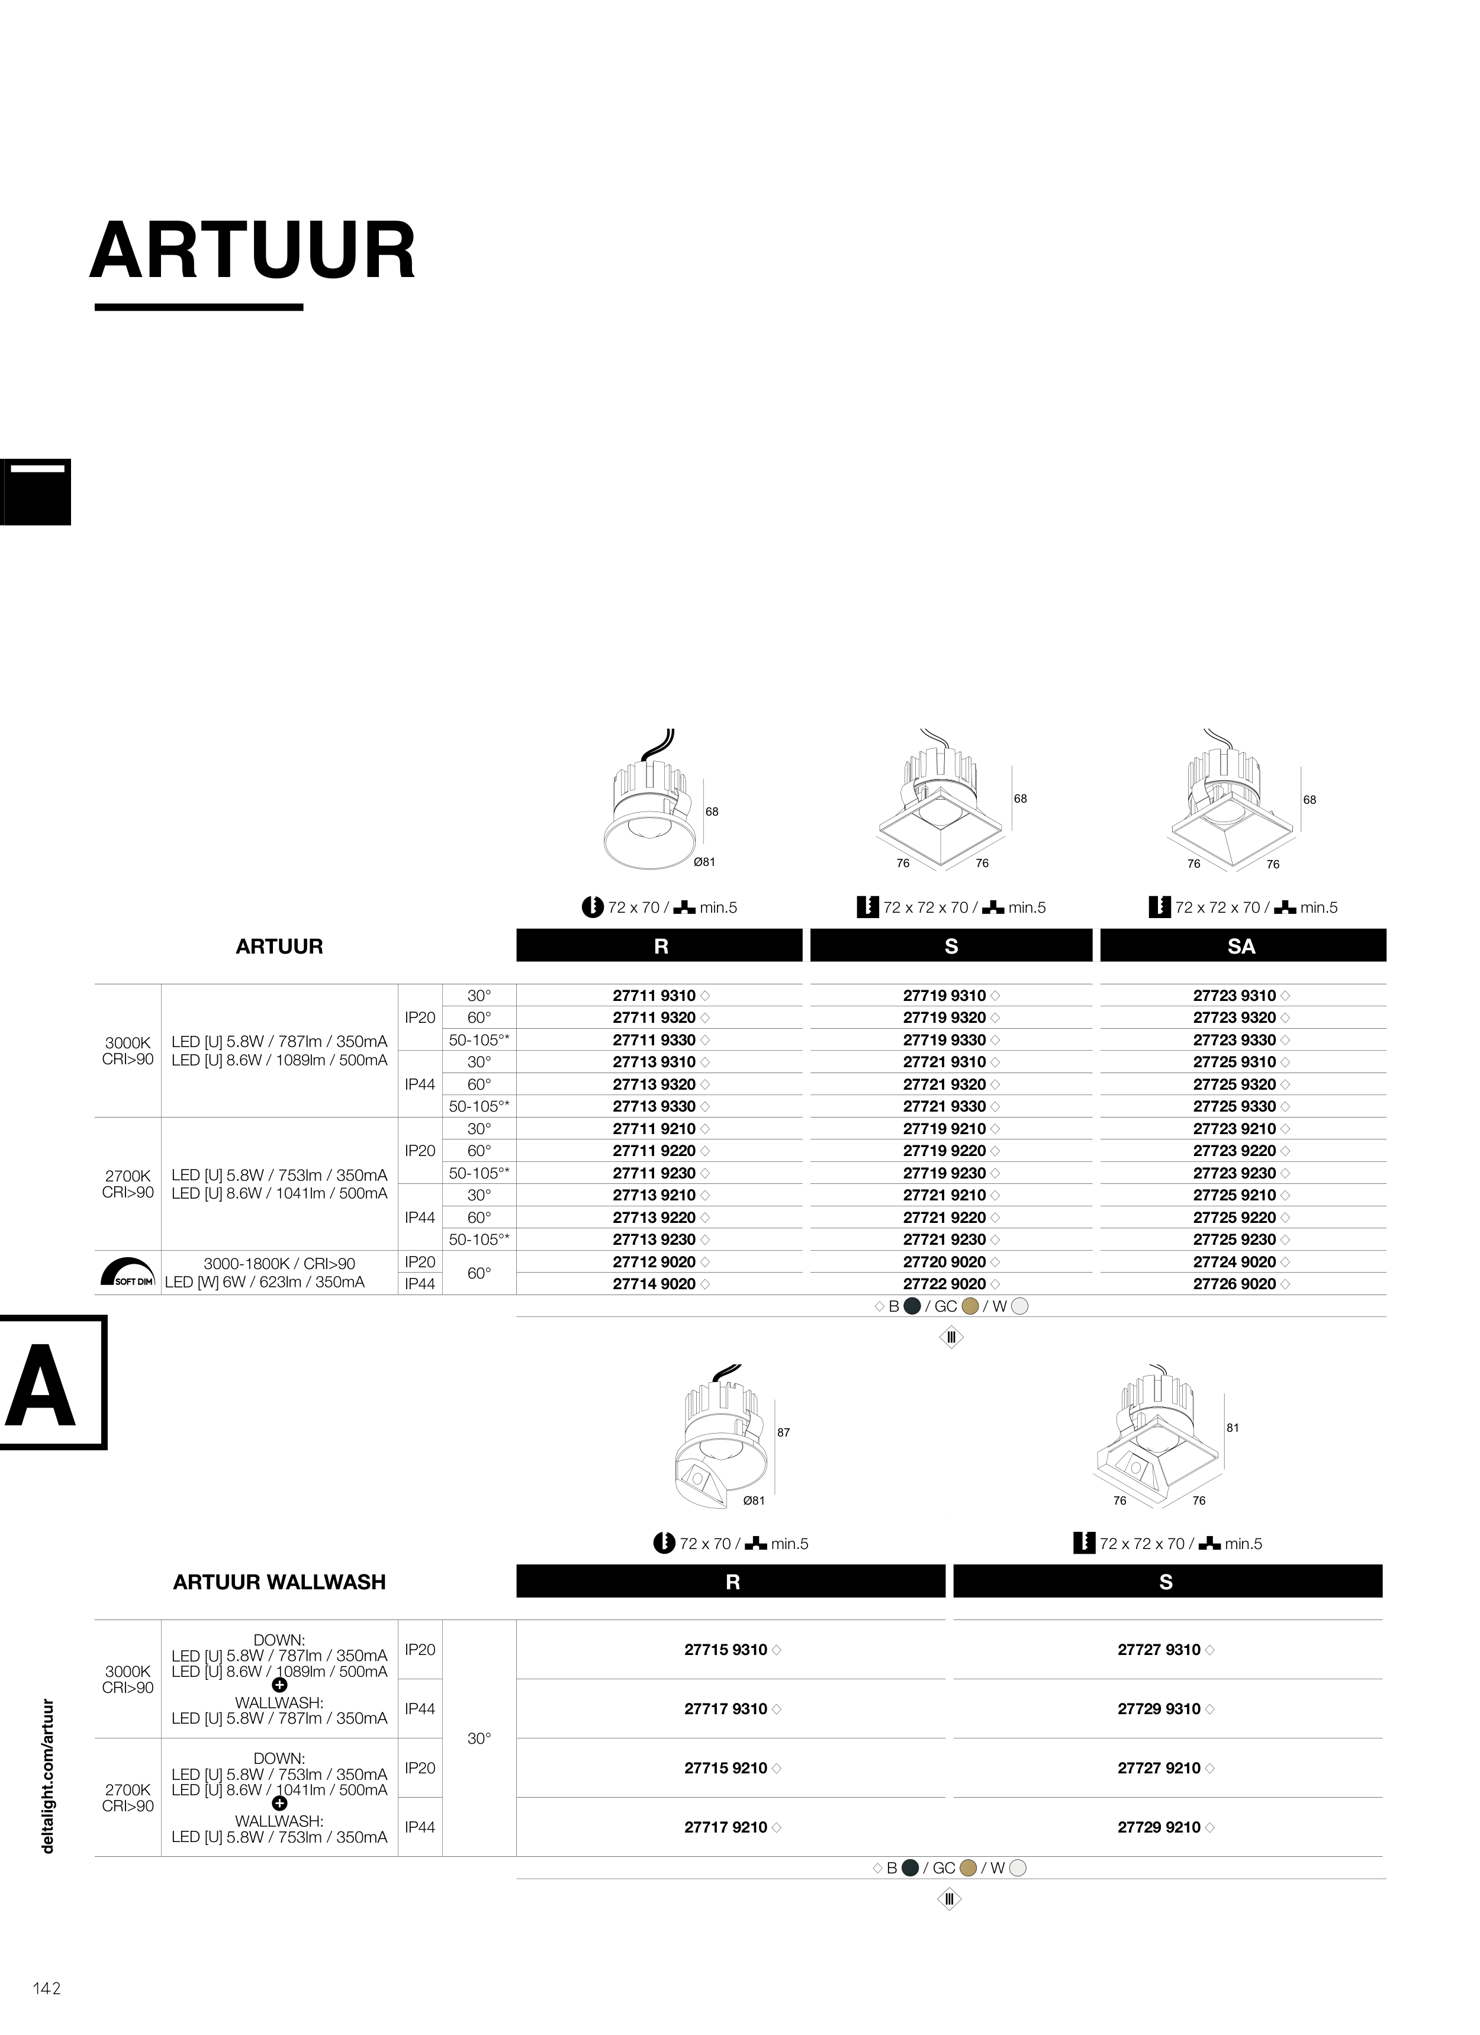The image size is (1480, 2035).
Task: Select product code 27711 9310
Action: coord(654,996)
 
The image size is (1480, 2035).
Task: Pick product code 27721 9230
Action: coord(944,1240)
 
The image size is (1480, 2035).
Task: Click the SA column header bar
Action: coord(1243,946)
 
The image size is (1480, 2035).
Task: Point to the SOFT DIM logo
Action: coord(127,1273)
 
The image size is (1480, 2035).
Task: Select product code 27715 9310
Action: coord(726,1650)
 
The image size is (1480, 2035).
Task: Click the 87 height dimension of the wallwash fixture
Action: coord(784,1433)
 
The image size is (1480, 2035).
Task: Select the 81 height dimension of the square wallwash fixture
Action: coord(1233,1428)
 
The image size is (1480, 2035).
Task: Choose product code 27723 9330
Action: coord(1234,1040)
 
